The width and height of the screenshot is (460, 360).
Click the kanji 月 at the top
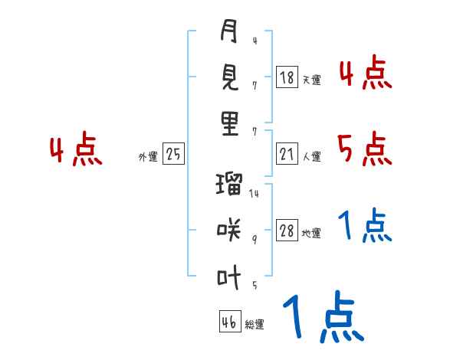(x=230, y=32)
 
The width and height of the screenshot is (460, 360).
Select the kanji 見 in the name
(x=230, y=78)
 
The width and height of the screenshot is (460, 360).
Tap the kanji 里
(x=230, y=123)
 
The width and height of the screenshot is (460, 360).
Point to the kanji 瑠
(x=230, y=185)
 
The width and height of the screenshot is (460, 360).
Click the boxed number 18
(x=286, y=77)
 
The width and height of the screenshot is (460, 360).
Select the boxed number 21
(x=286, y=155)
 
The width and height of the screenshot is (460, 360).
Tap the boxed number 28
(x=286, y=231)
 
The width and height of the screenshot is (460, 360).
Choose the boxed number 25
(x=173, y=155)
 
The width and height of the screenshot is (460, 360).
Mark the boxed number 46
(x=228, y=322)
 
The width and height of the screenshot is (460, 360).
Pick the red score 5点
(x=364, y=149)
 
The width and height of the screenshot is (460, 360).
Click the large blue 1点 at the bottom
(x=322, y=317)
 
